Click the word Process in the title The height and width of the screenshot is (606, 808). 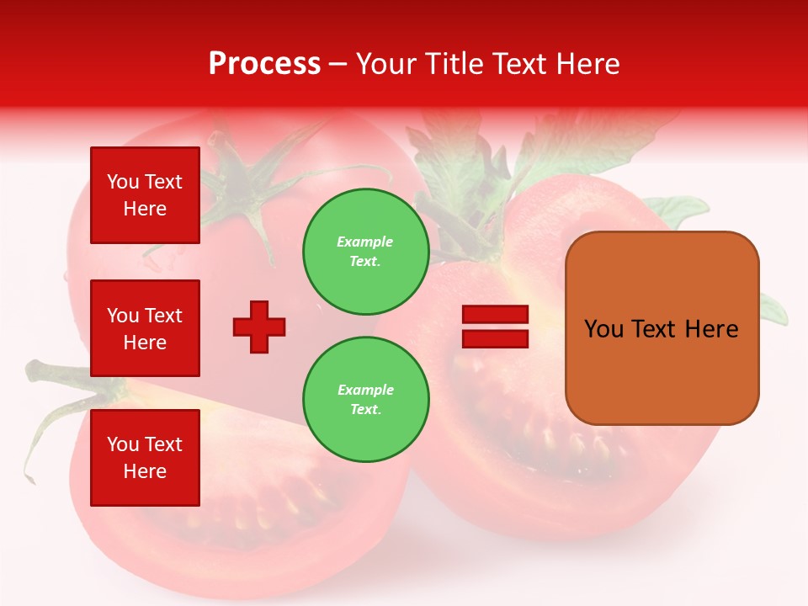pyautogui.click(x=264, y=64)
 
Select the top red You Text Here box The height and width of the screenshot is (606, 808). pyautogui.click(x=145, y=195)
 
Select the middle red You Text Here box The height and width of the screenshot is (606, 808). pyautogui.click(x=145, y=328)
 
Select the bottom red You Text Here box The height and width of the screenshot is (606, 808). pyautogui.click(x=145, y=457)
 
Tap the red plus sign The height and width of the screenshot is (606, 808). pyautogui.click(x=259, y=327)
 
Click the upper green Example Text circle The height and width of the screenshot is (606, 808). pyautogui.click(x=365, y=251)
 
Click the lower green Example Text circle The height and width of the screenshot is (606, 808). pyautogui.click(x=365, y=399)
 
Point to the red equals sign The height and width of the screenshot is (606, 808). pyautogui.click(x=495, y=327)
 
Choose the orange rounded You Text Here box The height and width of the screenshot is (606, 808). pyautogui.click(x=662, y=328)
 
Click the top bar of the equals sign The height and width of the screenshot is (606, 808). pyautogui.click(x=495, y=315)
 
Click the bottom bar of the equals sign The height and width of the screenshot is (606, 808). pyautogui.click(x=495, y=338)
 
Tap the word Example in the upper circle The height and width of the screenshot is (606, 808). pyautogui.click(x=364, y=242)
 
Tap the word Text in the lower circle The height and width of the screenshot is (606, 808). pyautogui.click(x=364, y=410)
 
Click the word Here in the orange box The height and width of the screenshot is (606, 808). pyautogui.click(x=711, y=329)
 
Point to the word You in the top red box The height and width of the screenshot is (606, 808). pyautogui.click(x=123, y=182)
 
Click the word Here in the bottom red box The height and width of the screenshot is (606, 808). pyautogui.click(x=145, y=471)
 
